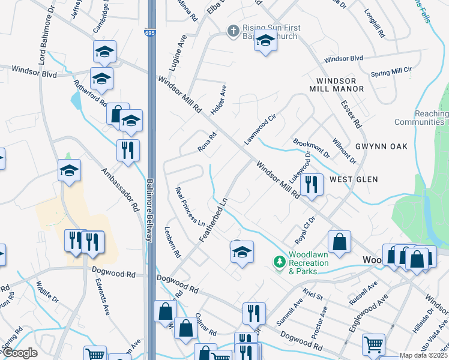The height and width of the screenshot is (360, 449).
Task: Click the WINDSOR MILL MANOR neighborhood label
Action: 336,85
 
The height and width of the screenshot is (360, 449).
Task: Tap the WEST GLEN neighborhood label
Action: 354,179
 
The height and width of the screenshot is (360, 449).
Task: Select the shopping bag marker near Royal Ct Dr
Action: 339,242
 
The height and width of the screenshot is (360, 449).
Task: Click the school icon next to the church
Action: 265,41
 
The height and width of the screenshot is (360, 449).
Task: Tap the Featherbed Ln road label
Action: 214,220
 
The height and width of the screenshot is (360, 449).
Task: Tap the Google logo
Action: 19,353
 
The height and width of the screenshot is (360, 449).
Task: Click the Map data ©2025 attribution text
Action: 423,355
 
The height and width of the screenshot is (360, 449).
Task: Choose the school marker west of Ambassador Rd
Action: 70,170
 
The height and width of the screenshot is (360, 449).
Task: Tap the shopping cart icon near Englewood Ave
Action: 373,344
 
